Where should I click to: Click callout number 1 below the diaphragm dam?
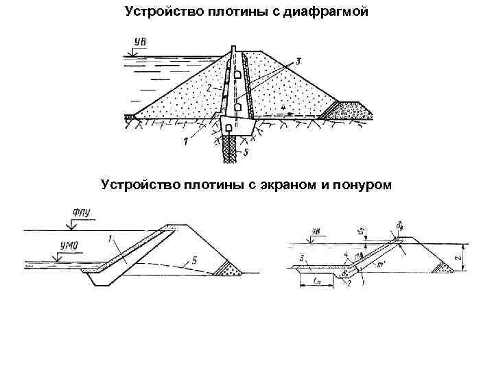185,141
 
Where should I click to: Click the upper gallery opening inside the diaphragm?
235,73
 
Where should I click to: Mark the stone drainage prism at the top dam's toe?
349,108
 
